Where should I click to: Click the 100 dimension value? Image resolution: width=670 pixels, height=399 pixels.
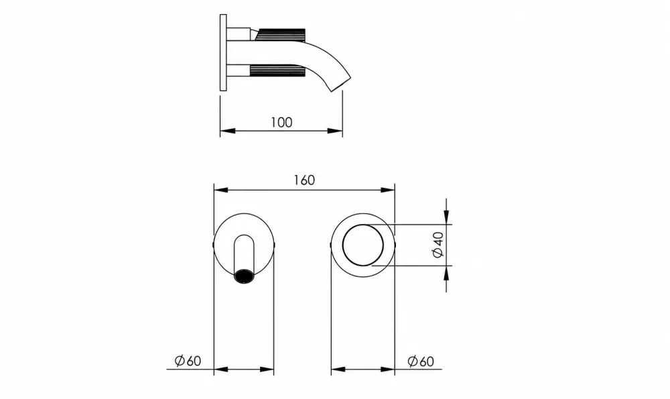281,122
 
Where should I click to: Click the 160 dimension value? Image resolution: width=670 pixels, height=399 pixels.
304,180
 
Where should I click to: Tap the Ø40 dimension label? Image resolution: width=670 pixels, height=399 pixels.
438,245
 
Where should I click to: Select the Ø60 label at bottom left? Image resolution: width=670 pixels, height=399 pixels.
188,361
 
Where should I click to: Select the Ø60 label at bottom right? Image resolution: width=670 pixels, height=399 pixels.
421,361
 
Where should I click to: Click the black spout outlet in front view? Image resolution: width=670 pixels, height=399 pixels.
244,276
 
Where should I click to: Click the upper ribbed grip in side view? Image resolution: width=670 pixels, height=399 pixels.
280,34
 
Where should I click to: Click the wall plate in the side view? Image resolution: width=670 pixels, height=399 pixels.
223,52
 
